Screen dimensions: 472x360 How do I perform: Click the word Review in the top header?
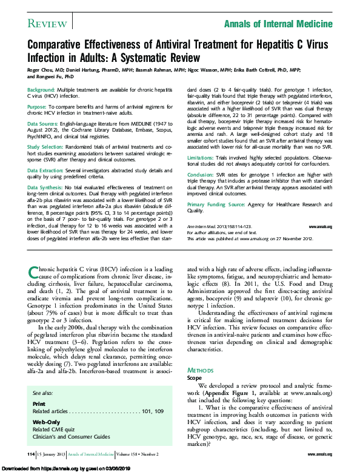coord(47,23)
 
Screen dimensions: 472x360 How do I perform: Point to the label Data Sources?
coord(46,123)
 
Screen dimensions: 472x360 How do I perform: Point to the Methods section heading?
coord(200,369)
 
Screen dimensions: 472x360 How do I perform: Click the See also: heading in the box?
coord(42,393)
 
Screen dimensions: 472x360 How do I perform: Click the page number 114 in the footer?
coord(31,454)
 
